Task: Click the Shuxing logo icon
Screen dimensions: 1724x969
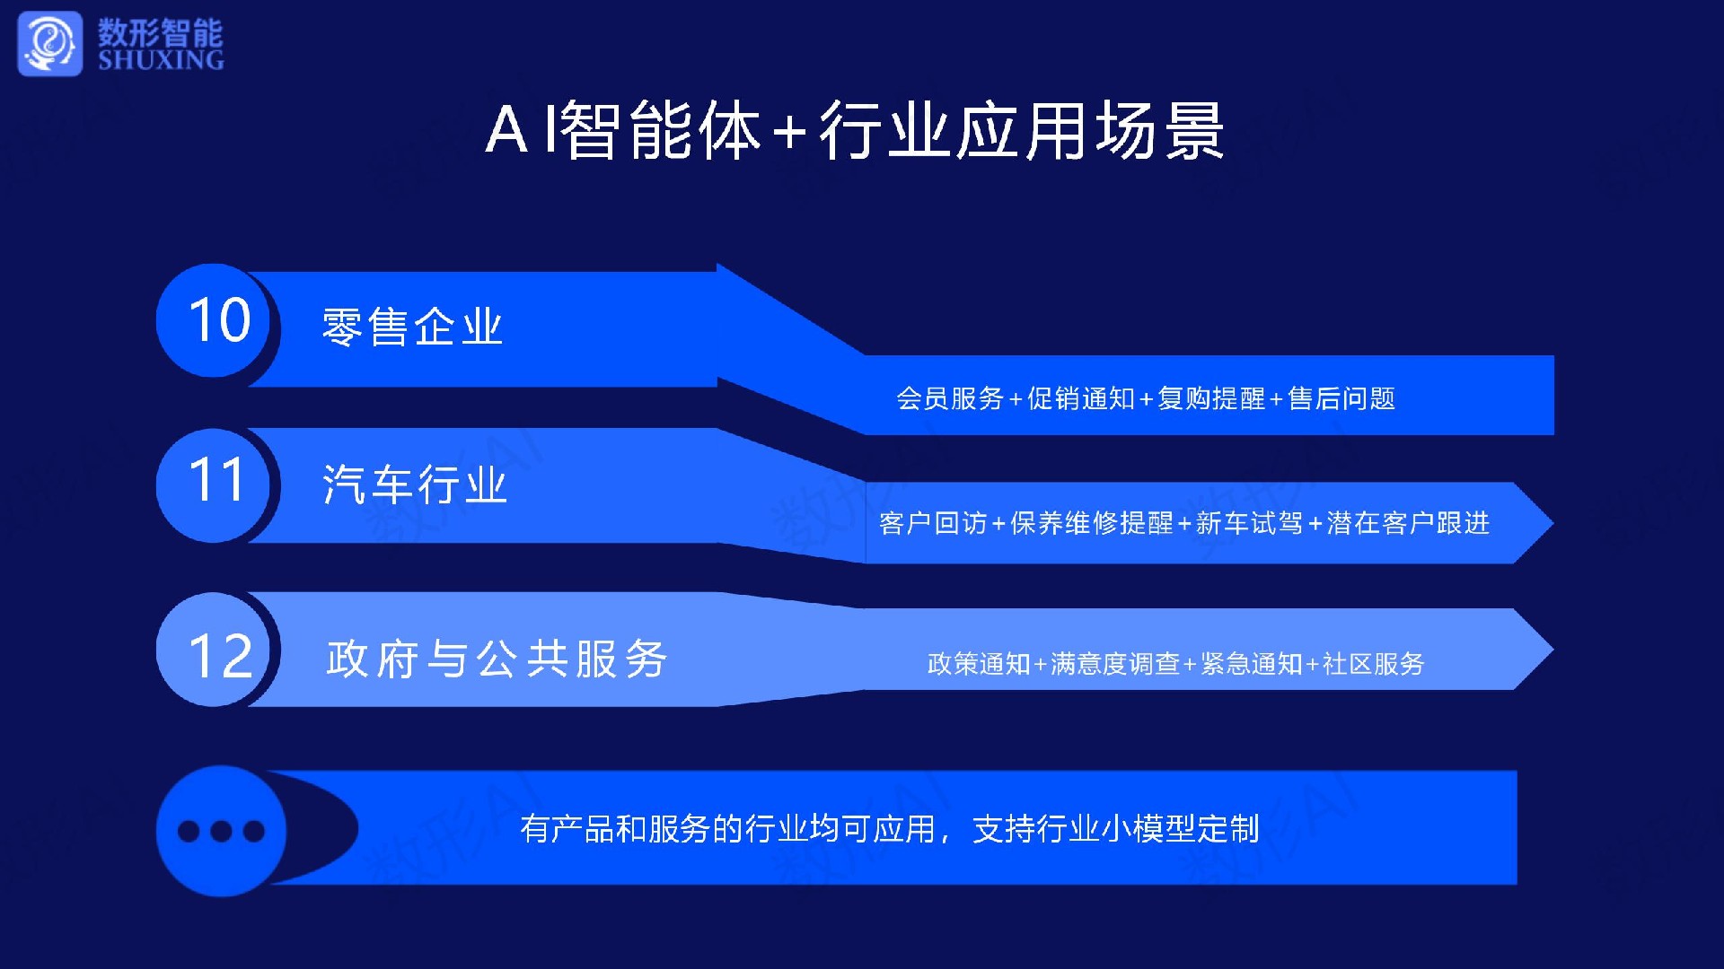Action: tap(49, 43)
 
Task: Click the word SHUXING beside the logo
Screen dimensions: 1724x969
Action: tap(161, 60)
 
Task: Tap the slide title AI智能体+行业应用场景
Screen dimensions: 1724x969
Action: tap(855, 131)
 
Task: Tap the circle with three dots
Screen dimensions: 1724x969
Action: tap(221, 831)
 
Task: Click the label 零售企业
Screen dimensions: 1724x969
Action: tap(412, 327)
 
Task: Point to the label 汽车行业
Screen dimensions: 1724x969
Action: tap(415, 484)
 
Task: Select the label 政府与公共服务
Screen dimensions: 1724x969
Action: tap(497, 659)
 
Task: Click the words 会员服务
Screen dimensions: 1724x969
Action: tap(950, 398)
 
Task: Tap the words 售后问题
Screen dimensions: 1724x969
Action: tap(1341, 398)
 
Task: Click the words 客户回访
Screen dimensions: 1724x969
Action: tap(933, 523)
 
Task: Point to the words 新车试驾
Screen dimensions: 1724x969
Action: tap(1249, 523)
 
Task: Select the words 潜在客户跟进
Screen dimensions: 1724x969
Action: tap(1408, 523)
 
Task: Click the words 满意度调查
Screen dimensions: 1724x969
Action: tap(1115, 664)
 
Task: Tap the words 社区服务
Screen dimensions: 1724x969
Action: tap(1374, 664)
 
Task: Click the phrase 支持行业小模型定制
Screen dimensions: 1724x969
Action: tap(1116, 829)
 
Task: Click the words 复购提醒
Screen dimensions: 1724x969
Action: tap(1211, 398)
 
